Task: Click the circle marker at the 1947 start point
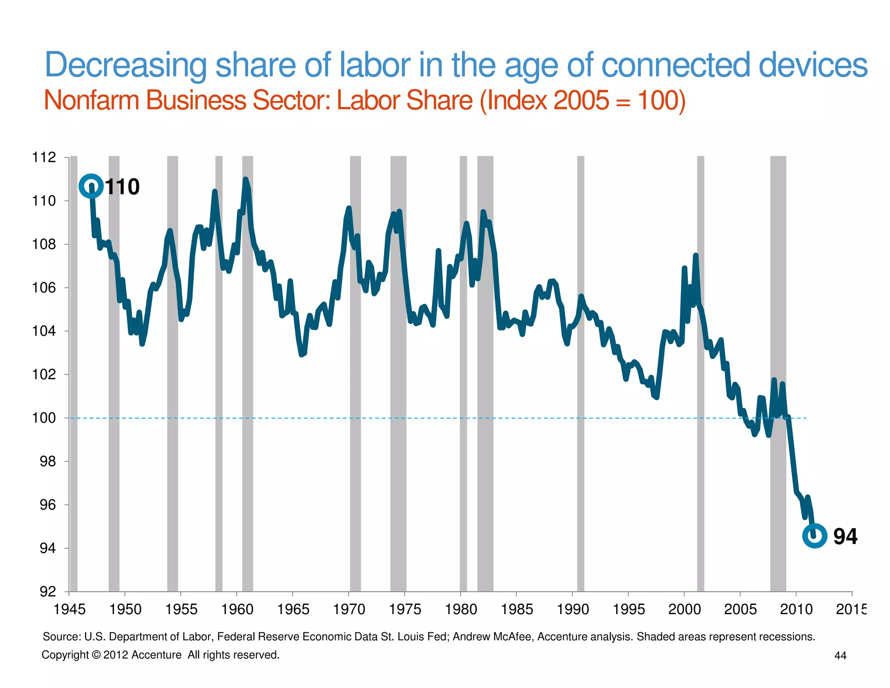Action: click(91, 186)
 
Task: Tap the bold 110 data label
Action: click(122, 187)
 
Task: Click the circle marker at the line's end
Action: click(814, 536)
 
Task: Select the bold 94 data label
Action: click(845, 536)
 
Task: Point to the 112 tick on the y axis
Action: click(44, 157)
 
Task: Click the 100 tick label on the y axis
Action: click(44, 418)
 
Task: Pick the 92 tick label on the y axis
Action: click(48, 591)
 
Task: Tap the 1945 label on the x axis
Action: click(69, 609)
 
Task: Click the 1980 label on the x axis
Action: click(461, 609)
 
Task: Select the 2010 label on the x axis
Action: click(796, 609)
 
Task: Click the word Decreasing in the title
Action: click(126, 65)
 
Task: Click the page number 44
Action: click(840, 655)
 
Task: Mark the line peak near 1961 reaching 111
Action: click(246, 179)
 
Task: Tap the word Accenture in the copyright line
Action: click(156, 655)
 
